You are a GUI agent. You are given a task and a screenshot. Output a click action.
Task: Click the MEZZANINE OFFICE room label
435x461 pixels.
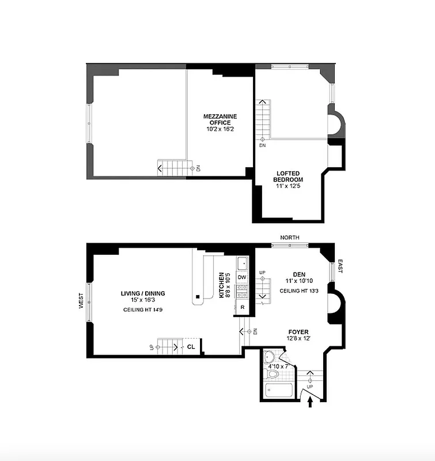coord(220,119)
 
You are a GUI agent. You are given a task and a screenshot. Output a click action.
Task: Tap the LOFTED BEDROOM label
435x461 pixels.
coord(288,176)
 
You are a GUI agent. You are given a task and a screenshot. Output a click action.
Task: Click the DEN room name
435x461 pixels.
coord(298,274)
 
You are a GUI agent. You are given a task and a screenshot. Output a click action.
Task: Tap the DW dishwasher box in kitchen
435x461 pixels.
coord(242,277)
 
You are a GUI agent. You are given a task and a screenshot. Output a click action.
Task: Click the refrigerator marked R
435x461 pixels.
coord(243,307)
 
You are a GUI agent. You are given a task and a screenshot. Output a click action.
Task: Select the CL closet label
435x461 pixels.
coord(191,347)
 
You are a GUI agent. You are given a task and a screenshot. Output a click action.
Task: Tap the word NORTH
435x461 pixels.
coord(289,237)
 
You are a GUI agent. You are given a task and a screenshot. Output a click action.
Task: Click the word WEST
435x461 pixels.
coord(81,300)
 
